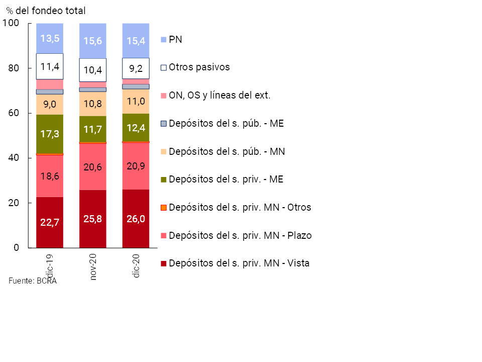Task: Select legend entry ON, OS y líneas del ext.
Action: click(x=219, y=95)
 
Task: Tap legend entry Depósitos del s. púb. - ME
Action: click(x=226, y=123)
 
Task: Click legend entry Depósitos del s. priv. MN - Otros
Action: click(x=240, y=207)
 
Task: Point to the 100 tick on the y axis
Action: click(x=11, y=23)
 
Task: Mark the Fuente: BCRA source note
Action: click(x=33, y=281)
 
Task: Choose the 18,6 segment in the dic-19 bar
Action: click(x=50, y=177)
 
